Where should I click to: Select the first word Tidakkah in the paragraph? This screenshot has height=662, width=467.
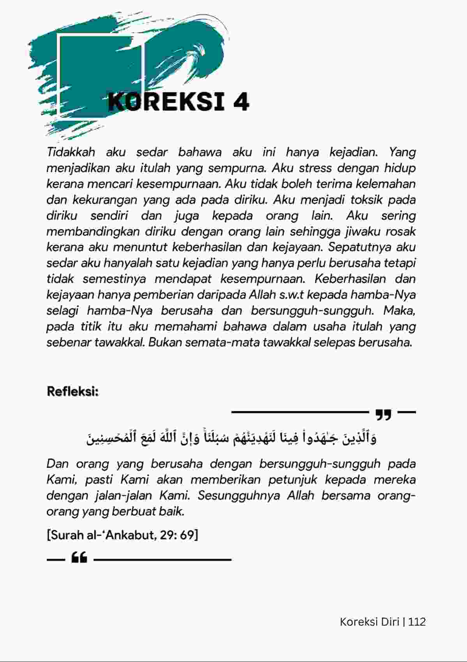pyautogui.click(x=71, y=152)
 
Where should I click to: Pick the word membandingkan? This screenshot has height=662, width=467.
pyautogui.click(x=93, y=231)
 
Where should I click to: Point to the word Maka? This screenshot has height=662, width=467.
pyautogui.click(x=399, y=310)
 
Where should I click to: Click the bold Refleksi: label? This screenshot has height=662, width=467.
pyautogui.click(x=73, y=391)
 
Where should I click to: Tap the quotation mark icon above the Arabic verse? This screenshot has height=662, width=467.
pyautogui.click(x=383, y=415)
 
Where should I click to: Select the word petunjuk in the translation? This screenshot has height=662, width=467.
pyautogui.click(x=292, y=479)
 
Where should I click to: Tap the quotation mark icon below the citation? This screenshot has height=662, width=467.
pyautogui.click(x=79, y=558)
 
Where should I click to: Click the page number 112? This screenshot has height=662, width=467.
pyautogui.click(x=417, y=622)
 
